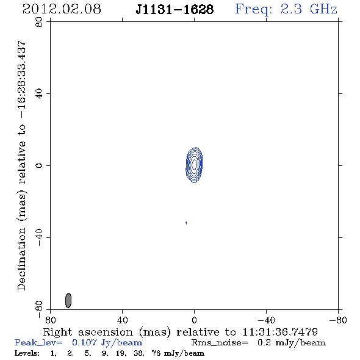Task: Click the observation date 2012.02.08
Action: click(x=62, y=9)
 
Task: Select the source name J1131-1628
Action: click(x=175, y=9)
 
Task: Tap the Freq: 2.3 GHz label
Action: click(x=286, y=10)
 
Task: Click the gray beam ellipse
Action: click(x=68, y=300)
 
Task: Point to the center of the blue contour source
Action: click(x=194, y=165)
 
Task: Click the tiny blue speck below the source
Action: click(x=186, y=223)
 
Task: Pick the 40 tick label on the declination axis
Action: click(x=39, y=94)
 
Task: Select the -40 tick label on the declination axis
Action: click(x=39, y=237)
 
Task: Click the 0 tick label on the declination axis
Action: click(x=39, y=165)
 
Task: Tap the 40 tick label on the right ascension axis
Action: click(x=122, y=320)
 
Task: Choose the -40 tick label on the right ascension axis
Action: click(x=266, y=320)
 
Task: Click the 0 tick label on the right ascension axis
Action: click(x=194, y=320)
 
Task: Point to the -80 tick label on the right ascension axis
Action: click(x=338, y=320)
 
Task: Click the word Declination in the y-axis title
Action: click(x=21, y=259)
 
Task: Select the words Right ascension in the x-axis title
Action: click(x=88, y=332)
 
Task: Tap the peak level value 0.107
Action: click(x=84, y=342)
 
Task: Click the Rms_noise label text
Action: click(x=220, y=343)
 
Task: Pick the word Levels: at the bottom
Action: click(x=27, y=353)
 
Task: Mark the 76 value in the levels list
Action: click(x=156, y=353)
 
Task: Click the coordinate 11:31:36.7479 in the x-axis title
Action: click(x=280, y=332)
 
